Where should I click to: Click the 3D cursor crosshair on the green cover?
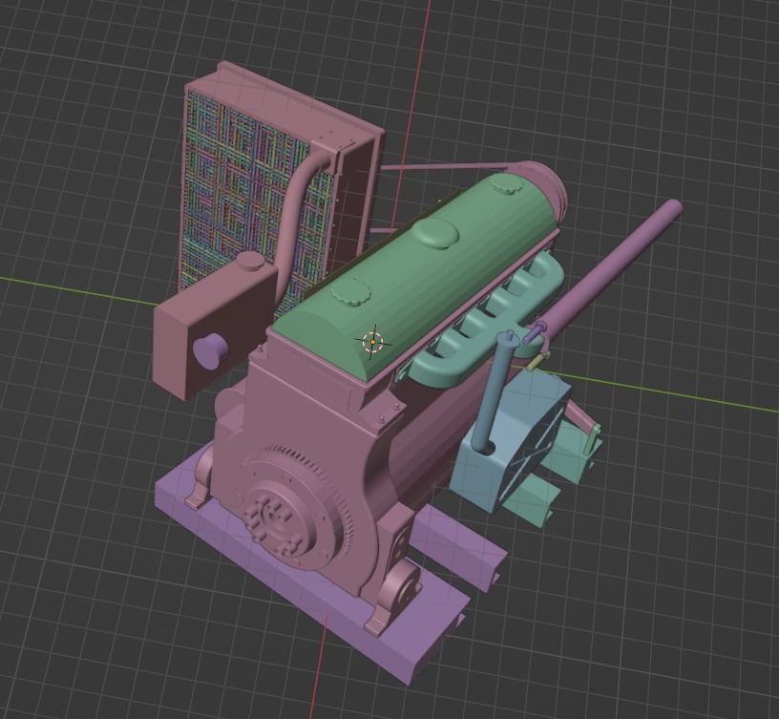click(x=372, y=341)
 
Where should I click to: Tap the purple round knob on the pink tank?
click(x=210, y=350)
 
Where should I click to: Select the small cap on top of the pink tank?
click(x=249, y=261)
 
